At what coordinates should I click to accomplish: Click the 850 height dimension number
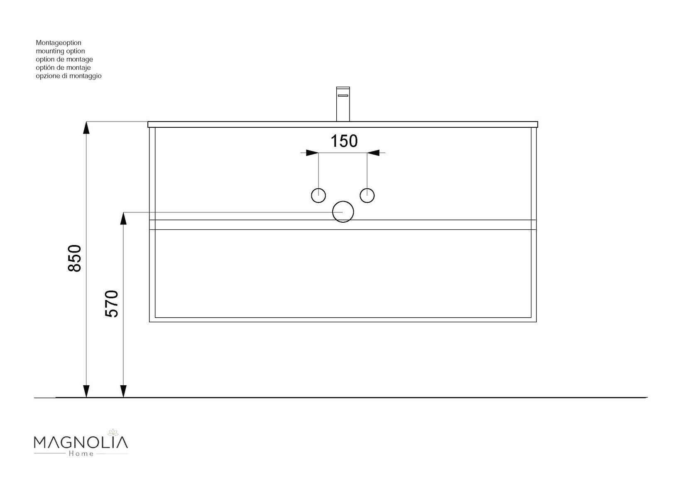(75, 258)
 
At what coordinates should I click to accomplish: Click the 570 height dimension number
(112, 304)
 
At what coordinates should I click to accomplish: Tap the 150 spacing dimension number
(344, 141)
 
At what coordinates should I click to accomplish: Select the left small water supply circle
(318, 195)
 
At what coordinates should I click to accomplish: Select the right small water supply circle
(367, 195)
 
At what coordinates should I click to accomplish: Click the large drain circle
(343, 212)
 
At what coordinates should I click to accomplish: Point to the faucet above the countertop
(343, 104)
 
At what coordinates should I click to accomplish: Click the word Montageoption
(59, 43)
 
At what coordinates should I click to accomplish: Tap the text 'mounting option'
(60, 51)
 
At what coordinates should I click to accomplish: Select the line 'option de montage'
(64, 59)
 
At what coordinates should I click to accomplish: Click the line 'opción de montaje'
(63, 68)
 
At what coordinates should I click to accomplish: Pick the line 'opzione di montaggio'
(68, 76)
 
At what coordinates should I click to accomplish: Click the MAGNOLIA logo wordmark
(81, 442)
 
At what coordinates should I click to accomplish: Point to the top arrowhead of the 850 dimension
(86, 127)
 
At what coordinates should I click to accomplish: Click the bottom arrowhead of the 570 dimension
(123, 391)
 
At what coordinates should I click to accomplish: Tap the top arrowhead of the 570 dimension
(123, 218)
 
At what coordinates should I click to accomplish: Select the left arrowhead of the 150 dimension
(312, 153)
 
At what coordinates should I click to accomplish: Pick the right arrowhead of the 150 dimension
(373, 153)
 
